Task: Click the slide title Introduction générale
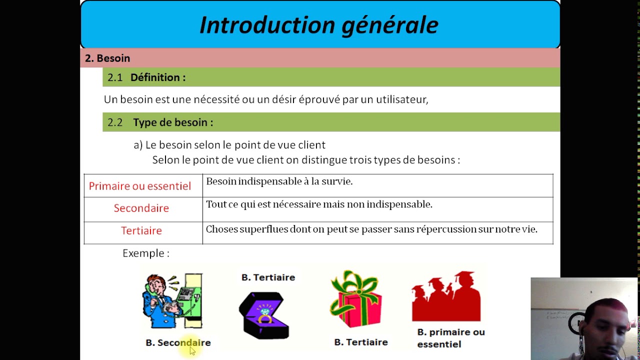coord(319,25)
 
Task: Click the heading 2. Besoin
coord(107,58)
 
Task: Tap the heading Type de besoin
coord(172,122)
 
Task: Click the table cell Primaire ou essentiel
coord(140,186)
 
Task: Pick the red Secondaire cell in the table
coord(141,208)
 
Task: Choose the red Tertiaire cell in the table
coord(141,230)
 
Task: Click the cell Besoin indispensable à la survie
coord(279,181)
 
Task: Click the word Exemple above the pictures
coord(143,253)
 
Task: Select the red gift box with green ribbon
coord(355,300)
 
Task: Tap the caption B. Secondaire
coord(178,342)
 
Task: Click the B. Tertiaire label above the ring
coord(268,277)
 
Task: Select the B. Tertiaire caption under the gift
coord(361,342)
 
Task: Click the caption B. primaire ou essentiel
coord(450,338)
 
